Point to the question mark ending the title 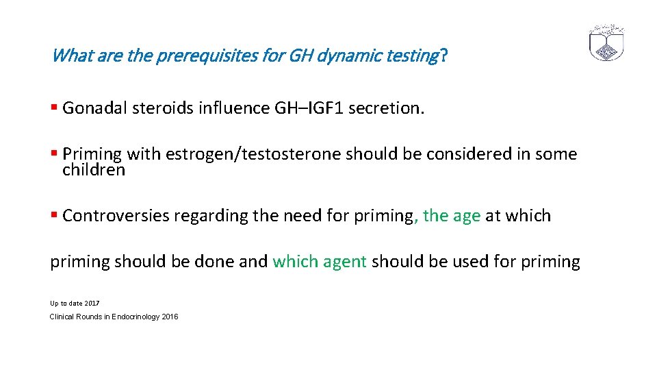[x=444, y=56]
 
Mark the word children [x=94, y=169]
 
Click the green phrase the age [x=452, y=216]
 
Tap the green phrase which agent [x=320, y=262]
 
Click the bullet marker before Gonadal [x=54, y=108]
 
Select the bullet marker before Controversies [x=54, y=216]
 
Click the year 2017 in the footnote [x=92, y=303]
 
